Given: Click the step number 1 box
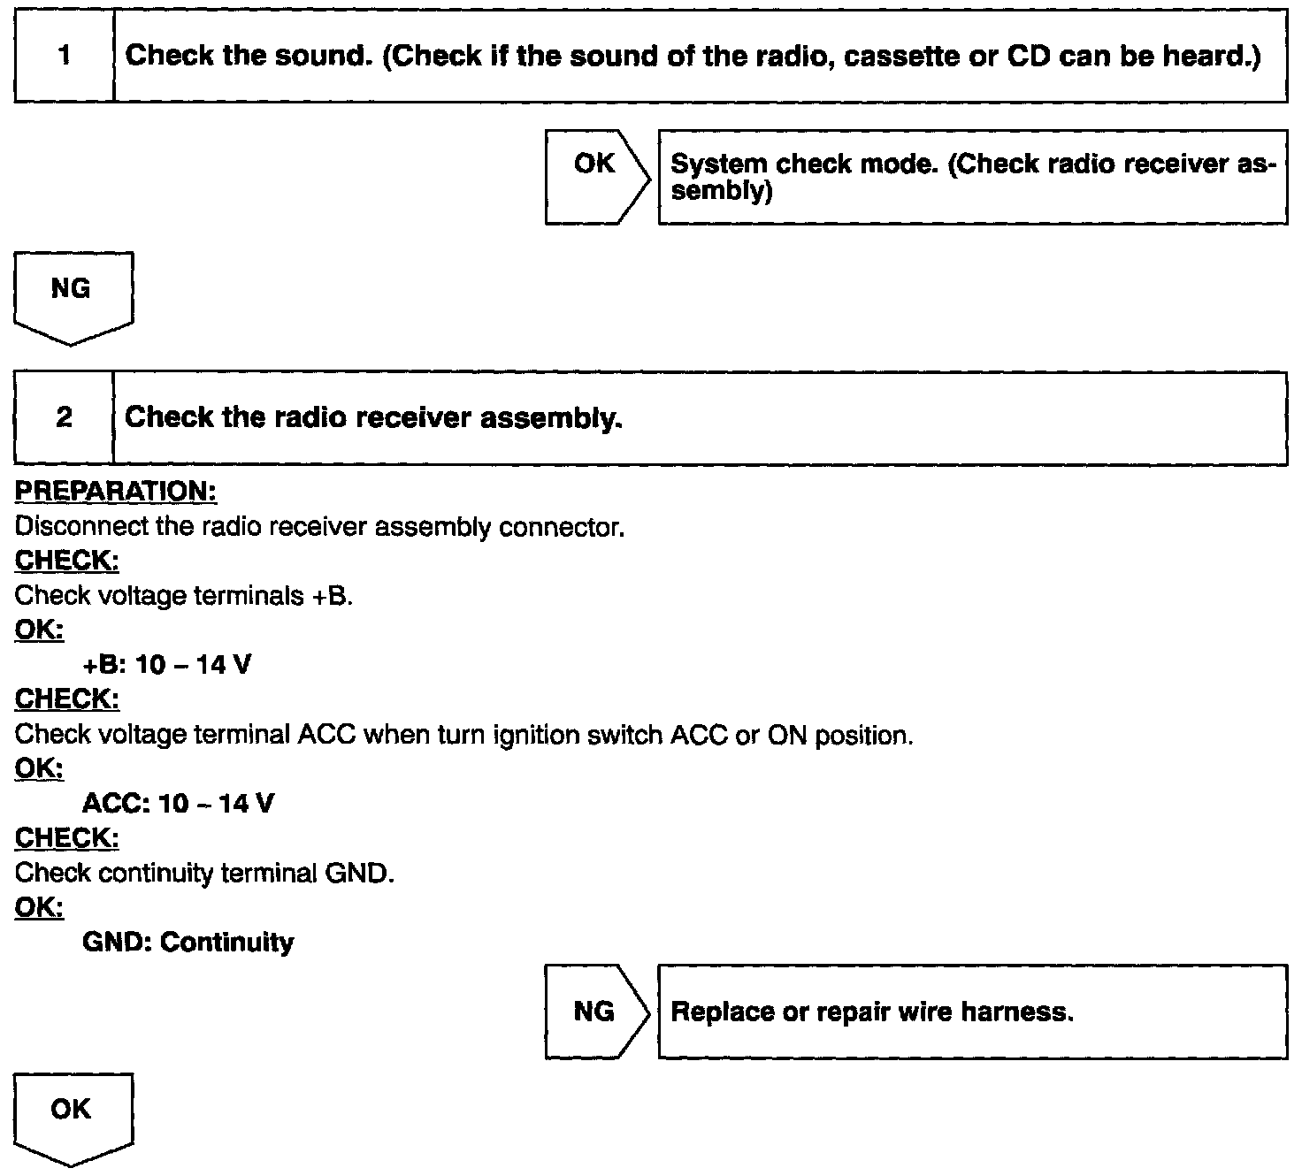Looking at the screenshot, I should point(64,57).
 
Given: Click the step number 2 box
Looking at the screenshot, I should point(64,417).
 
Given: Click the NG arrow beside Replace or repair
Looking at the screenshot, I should point(595,1012).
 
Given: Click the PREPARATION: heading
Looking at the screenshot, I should point(116,491).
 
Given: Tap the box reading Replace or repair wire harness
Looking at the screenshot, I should point(972,1012).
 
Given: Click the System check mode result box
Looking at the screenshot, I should point(972,177).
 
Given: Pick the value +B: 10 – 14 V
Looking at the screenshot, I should point(166,665).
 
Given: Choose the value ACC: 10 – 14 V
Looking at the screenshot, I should point(178,804).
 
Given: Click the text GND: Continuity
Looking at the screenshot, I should point(188,943).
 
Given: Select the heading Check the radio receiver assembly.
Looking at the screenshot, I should point(373,417).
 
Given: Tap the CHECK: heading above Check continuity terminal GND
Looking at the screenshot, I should point(67,837).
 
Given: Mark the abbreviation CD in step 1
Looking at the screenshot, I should point(1029,57).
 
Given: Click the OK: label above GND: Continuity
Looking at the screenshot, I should point(40,907).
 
